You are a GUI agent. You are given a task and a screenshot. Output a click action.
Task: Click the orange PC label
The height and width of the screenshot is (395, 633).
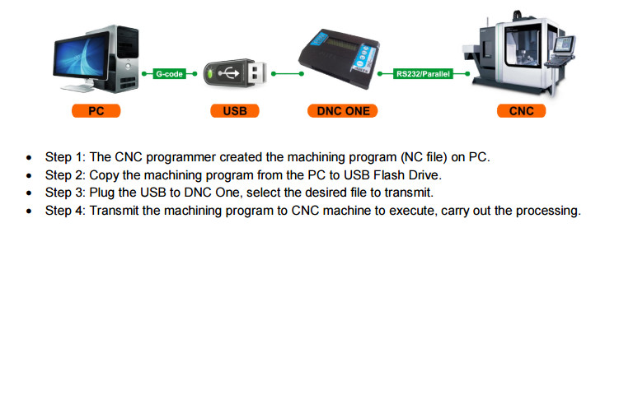(x=96, y=111)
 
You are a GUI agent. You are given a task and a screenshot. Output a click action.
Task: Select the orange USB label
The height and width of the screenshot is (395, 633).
(x=234, y=111)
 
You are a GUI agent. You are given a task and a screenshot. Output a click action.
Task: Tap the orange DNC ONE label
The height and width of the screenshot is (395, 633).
(x=343, y=111)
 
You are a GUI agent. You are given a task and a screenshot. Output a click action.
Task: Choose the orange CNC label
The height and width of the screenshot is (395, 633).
(x=522, y=111)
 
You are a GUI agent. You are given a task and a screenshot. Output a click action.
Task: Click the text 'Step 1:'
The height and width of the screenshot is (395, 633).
(x=65, y=156)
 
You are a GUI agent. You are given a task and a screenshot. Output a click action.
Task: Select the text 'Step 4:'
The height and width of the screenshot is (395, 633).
(x=65, y=211)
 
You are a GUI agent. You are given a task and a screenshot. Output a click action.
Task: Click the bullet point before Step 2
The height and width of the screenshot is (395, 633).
(x=30, y=175)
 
